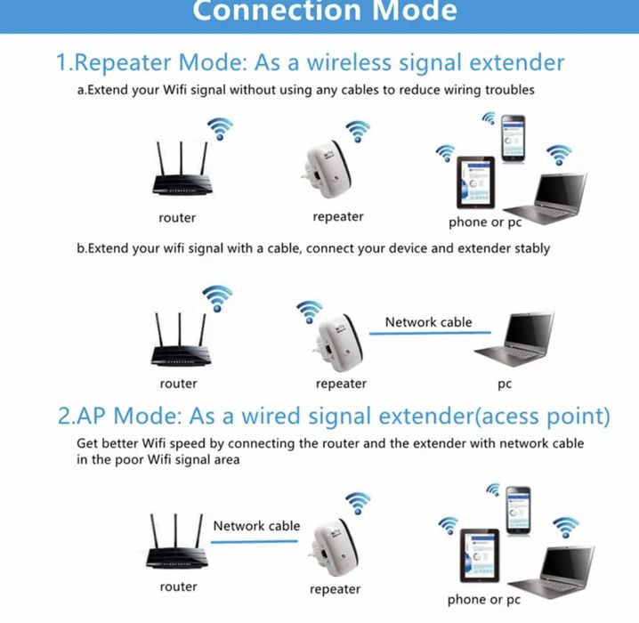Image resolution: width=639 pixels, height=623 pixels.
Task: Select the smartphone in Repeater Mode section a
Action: click(x=514, y=137)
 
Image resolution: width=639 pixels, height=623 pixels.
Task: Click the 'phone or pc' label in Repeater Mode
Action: click(x=484, y=222)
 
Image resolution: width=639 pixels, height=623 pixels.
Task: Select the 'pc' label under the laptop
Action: click(x=505, y=384)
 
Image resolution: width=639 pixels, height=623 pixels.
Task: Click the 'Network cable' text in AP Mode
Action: click(x=256, y=526)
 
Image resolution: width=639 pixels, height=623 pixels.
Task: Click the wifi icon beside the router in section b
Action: click(x=216, y=298)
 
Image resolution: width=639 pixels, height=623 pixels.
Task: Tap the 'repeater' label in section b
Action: click(x=341, y=384)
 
